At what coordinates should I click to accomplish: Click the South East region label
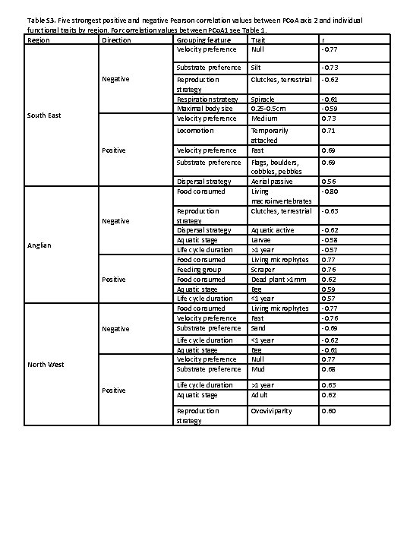(x=44, y=115)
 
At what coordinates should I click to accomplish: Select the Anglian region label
(x=39, y=245)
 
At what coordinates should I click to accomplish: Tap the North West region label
(x=45, y=364)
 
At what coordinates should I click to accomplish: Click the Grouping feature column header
(x=203, y=40)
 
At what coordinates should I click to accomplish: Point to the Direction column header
(x=116, y=40)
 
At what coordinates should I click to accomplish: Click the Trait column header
(x=258, y=40)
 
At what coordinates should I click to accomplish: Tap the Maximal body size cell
(x=204, y=109)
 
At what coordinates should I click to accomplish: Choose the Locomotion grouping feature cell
(x=194, y=131)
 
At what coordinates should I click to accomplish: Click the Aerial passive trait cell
(x=273, y=182)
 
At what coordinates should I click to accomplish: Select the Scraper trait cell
(x=263, y=270)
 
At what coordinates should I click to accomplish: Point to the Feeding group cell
(x=198, y=270)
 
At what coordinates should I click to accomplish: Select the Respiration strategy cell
(x=207, y=100)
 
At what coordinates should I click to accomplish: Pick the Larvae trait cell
(x=262, y=240)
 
